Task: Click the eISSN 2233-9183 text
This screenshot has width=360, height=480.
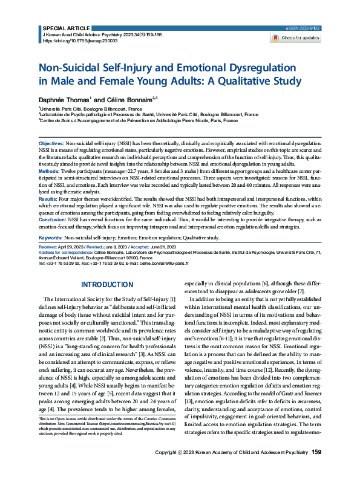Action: [x=302, y=28]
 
